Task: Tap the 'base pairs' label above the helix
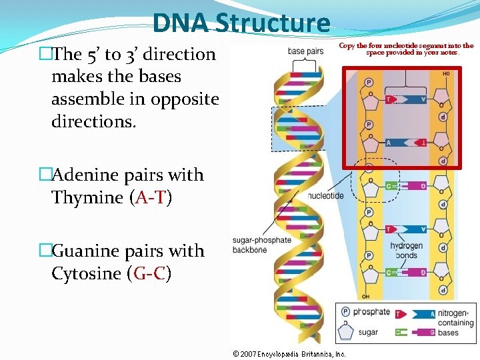(306, 51)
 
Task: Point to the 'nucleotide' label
(326, 195)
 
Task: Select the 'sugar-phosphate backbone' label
(261, 245)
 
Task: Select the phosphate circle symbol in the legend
(345, 312)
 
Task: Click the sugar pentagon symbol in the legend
(345, 331)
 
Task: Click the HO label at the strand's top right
(444, 74)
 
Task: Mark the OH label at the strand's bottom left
(365, 296)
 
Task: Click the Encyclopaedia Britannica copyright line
(289, 354)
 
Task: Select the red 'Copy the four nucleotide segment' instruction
(406, 49)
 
